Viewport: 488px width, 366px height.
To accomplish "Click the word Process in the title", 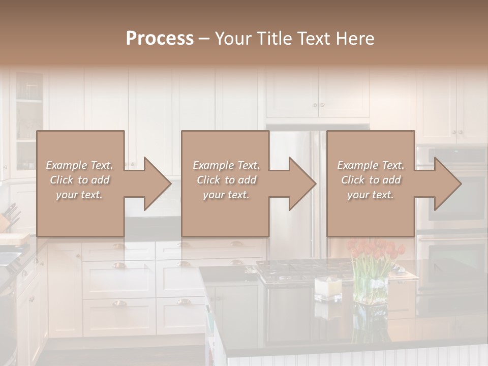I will [160, 39].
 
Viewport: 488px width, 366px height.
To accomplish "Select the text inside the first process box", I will [80, 180].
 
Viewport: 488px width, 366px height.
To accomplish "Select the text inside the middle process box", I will [226, 180].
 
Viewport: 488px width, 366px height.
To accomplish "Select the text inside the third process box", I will [371, 180].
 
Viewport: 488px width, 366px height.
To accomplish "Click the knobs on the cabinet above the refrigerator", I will [318, 105].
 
